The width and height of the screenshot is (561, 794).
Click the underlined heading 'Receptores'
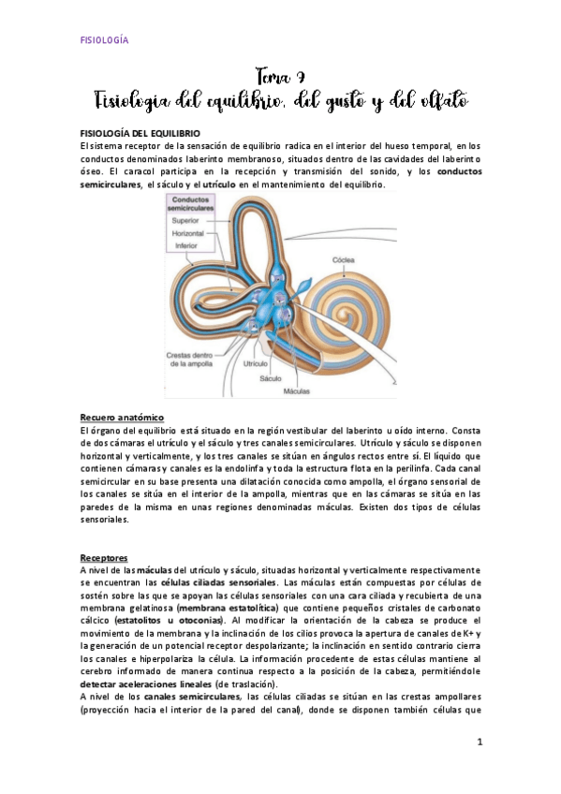(x=104, y=556)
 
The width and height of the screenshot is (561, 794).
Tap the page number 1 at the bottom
(x=479, y=743)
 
